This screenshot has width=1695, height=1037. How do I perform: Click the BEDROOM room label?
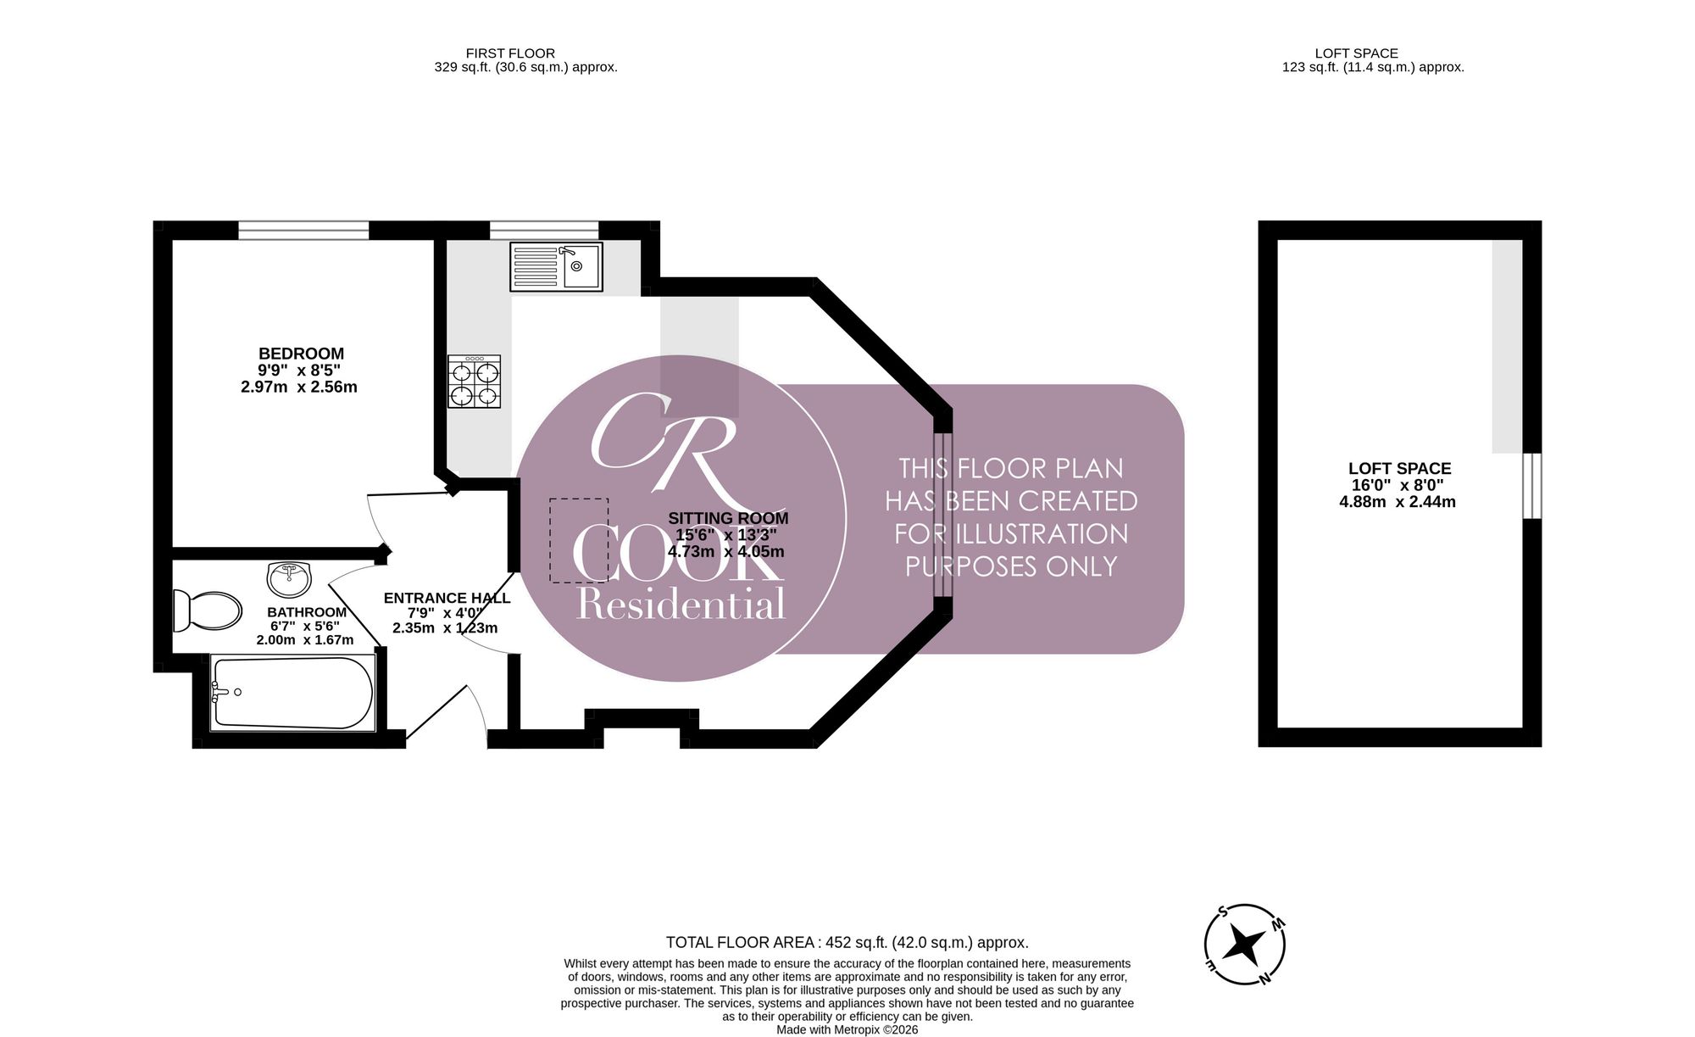point(301,354)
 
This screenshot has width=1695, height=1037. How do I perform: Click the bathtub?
point(293,692)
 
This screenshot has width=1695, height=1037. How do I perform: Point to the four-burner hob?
point(475,382)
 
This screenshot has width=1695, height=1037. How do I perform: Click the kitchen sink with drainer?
point(556,267)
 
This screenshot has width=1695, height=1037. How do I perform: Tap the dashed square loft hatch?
point(579,540)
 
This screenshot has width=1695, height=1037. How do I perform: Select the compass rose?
point(1245,944)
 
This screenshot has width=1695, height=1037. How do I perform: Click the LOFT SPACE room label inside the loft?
point(1399,468)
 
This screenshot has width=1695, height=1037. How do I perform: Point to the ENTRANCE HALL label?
point(447,598)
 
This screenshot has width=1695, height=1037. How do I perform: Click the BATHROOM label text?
point(307,612)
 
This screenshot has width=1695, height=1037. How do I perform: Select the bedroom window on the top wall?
point(303,230)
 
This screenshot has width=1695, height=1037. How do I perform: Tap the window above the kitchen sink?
point(544,230)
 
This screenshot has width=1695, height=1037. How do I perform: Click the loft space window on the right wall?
point(1532,485)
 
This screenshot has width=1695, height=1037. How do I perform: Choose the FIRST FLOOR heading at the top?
point(510,53)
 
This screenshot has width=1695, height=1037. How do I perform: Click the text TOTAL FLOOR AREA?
point(741,942)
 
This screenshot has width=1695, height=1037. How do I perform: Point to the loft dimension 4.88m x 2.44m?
point(1398,501)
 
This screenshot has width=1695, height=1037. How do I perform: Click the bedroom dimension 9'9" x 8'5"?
point(300,371)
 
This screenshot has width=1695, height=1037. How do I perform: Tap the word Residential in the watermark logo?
point(681,605)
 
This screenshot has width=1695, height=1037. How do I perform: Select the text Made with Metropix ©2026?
point(847,1029)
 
